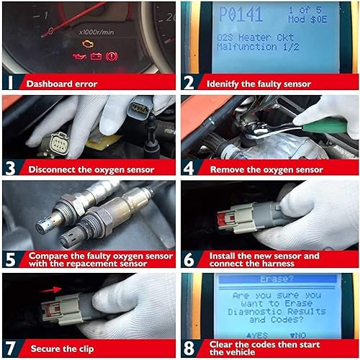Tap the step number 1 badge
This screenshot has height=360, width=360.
(11, 82)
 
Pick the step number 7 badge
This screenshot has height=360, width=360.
(11, 348)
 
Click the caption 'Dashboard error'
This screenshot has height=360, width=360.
(62, 84)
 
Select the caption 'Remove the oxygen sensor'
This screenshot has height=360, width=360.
(266, 170)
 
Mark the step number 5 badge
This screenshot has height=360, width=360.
(11, 259)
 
